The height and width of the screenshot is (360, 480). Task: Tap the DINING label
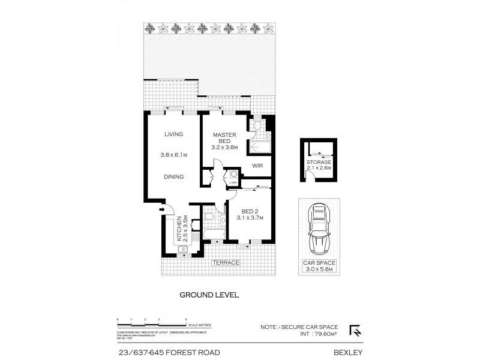pyautogui.click(x=174, y=177)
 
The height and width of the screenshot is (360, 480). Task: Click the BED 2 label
pyautogui.click(x=250, y=212)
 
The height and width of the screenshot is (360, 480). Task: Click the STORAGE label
pyautogui.click(x=319, y=162)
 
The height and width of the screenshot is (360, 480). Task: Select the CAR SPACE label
pyautogui.click(x=320, y=263)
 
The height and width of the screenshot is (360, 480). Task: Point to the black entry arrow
pyautogui.click(x=163, y=209)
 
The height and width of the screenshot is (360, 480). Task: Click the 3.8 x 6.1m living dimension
pyautogui.click(x=174, y=155)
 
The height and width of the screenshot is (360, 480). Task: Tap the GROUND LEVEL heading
pyautogui.click(x=210, y=295)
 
